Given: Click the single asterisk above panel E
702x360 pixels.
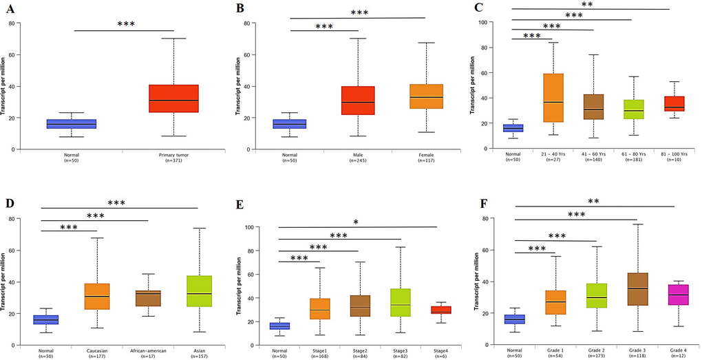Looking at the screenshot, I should (x=355, y=222).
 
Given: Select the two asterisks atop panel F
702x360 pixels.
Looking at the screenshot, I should (x=593, y=202).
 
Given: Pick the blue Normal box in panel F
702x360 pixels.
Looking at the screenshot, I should (x=515, y=319).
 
